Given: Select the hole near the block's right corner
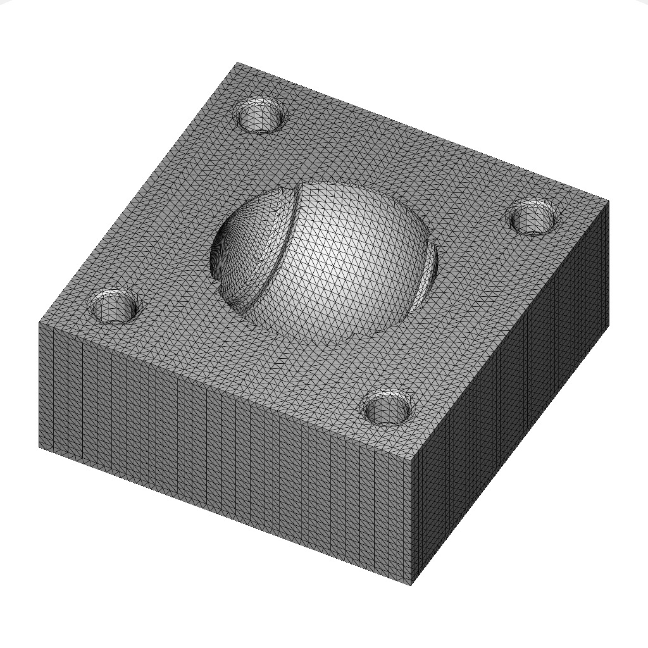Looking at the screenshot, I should point(534,217).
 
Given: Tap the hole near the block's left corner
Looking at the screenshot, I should point(115,306).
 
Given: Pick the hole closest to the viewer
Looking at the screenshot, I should point(389,407).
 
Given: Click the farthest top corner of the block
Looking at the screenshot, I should point(237,63).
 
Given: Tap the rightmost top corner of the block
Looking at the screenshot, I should point(609,201).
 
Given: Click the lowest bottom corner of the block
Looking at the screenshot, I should point(412,585).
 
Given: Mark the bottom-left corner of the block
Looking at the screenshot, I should point(39,447).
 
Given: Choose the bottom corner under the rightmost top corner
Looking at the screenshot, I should point(608,325).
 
